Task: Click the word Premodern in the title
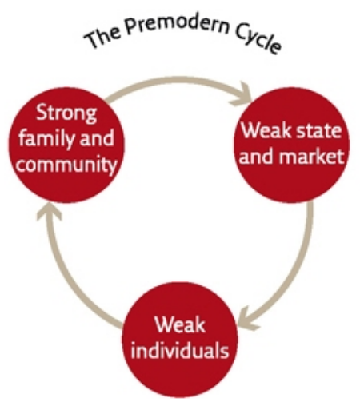click(177, 25)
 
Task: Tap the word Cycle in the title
click(258, 40)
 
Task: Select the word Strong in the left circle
click(66, 113)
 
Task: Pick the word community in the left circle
click(66, 165)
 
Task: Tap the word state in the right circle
click(319, 130)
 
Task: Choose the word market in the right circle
click(311, 156)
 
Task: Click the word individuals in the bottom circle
click(180, 350)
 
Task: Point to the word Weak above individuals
click(180, 324)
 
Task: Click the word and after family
click(97, 138)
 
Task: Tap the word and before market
click(257, 156)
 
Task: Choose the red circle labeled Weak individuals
click(180, 340)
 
